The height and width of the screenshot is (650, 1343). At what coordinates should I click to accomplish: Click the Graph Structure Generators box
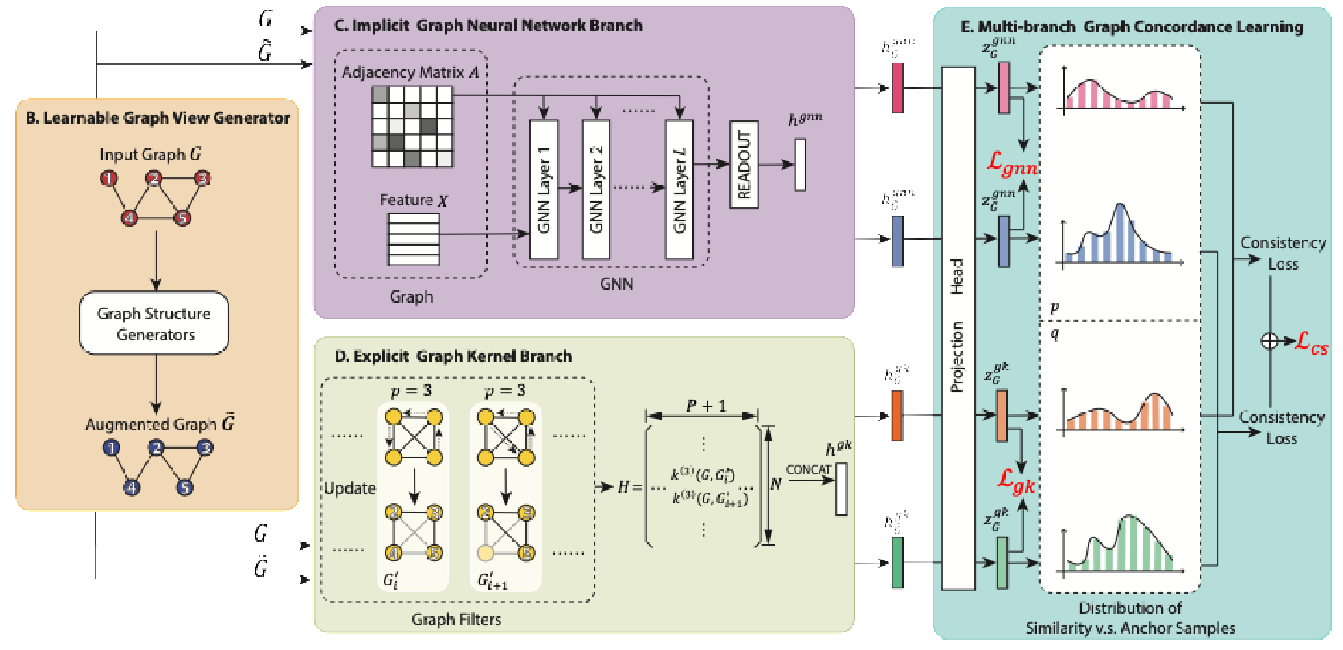(x=153, y=323)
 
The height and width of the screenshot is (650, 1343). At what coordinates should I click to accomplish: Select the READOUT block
(x=744, y=165)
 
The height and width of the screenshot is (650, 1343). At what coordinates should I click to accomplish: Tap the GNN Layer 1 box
(x=544, y=189)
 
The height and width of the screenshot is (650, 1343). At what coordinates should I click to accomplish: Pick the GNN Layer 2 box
(x=595, y=189)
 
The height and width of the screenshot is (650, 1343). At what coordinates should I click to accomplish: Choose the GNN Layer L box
(x=680, y=189)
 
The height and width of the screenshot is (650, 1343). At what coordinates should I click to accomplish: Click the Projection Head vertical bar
(x=957, y=327)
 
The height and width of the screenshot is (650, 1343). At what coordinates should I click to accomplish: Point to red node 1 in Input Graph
(x=108, y=178)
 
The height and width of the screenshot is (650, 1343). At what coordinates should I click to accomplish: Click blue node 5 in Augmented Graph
(x=185, y=487)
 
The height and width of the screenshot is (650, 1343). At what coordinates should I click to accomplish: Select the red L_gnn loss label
(x=1012, y=165)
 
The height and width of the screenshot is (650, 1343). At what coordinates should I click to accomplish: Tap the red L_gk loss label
(x=1016, y=481)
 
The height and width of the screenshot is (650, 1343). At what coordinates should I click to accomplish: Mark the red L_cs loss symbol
(x=1311, y=343)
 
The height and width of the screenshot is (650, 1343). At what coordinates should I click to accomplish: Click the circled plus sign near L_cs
(x=1269, y=341)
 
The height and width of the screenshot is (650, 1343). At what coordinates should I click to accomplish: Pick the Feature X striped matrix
(x=414, y=238)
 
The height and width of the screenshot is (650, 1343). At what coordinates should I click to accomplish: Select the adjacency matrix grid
(x=412, y=127)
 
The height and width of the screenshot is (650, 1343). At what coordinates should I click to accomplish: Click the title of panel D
(x=453, y=356)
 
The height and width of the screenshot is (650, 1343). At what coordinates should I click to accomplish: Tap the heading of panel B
(x=157, y=118)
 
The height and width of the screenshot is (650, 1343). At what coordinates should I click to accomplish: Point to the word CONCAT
(x=808, y=470)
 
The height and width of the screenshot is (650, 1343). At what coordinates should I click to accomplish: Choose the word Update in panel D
(x=349, y=488)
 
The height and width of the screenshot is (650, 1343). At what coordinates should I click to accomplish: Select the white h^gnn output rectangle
(x=800, y=165)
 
